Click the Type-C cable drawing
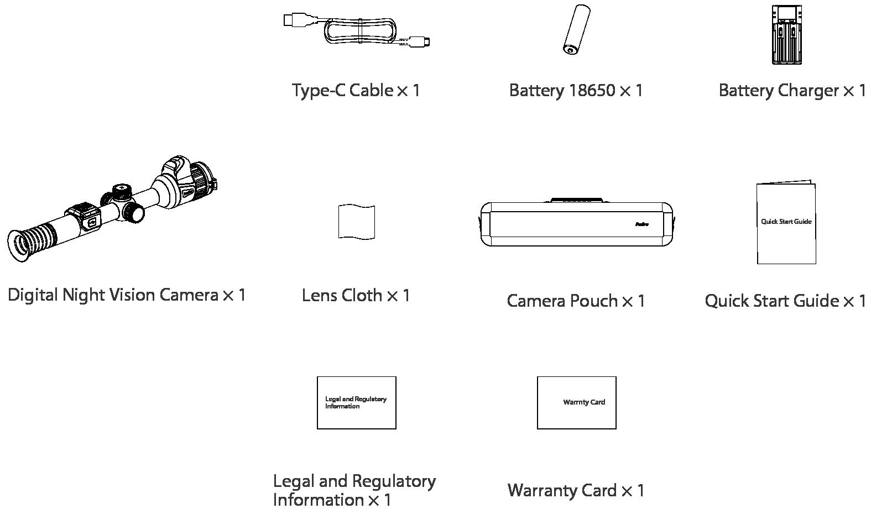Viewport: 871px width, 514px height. pyautogui.click(x=358, y=31)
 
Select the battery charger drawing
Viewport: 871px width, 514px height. pyautogui.click(x=786, y=35)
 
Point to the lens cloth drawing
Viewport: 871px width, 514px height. pyautogui.click(x=356, y=222)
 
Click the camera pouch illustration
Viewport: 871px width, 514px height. pyautogui.click(x=576, y=224)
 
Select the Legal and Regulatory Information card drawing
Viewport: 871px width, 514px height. pyautogui.click(x=356, y=402)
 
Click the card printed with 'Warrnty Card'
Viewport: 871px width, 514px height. pyautogui.click(x=576, y=402)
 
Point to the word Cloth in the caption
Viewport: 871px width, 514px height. pyautogui.click(x=362, y=296)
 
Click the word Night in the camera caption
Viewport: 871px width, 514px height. pyautogui.click(x=84, y=295)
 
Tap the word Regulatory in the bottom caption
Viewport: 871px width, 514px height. pyautogui.click(x=394, y=482)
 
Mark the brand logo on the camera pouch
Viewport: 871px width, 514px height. pyautogui.click(x=641, y=224)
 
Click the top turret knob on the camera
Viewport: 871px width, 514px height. pyautogui.click(x=122, y=191)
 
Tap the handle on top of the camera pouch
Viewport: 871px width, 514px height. pyautogui.click(x=576, y=200)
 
